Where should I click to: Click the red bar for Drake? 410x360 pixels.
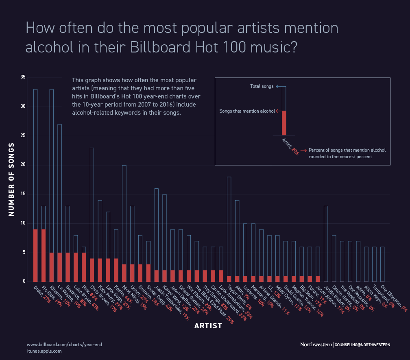pyautogui.click(x=35, y=255)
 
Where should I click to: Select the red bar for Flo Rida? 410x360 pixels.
pyautogui.click(x=44, y=255)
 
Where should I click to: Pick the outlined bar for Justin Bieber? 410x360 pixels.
pyautogui.click(x=326, y=244)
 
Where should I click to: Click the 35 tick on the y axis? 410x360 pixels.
pyautogui.click(x=23, y=77)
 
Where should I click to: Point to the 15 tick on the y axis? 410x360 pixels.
pyautogui.click(x=23, y=194)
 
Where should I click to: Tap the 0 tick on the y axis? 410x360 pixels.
pyautogui.click(x=24, y=281)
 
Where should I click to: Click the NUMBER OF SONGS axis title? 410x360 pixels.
pyautogui.click(x=12, y=179)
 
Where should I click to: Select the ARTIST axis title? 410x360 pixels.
pyautogui.click(x=208, y=326)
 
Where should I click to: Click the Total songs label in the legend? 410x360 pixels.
pyautogui.click(x=262, y=87)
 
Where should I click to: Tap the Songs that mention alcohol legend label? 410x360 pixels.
pyautogui.click(x=246, y=111)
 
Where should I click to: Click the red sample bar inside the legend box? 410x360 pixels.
pyautogui.click(x=284, y=123)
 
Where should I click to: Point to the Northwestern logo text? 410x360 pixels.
pyautogui.click(x=316, y=345)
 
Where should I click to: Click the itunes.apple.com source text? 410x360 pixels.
pyautogui.click(x=44, y=351)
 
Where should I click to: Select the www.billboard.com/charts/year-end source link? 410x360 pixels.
pyautogui.click(x=64, y=345)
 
